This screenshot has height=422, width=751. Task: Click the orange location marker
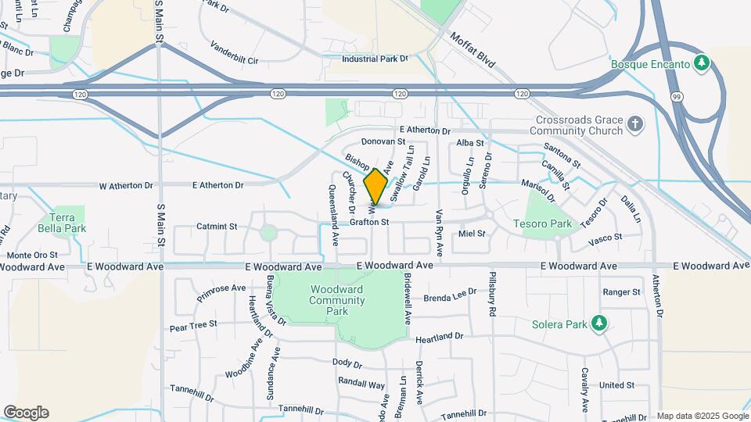(x=376, y=186)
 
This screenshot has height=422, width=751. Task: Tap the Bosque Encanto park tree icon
(x=702, y=63)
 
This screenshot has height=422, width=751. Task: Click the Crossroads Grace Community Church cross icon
(x=635, y=123)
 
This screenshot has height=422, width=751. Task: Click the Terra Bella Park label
(x=62, y=223)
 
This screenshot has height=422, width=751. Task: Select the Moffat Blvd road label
(x=473, y=50)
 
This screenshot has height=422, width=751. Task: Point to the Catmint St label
(x=217, y=226)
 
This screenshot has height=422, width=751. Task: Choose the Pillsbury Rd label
(x=493, y=297)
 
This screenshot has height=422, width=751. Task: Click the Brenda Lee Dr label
(x=450, y=298)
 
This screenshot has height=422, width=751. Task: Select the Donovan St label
(x=383, y=142)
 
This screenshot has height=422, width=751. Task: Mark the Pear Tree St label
(x=193, y=324)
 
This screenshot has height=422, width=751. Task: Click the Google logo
(x=26, y=413)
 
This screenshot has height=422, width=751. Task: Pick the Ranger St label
(x=622, y=291)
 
